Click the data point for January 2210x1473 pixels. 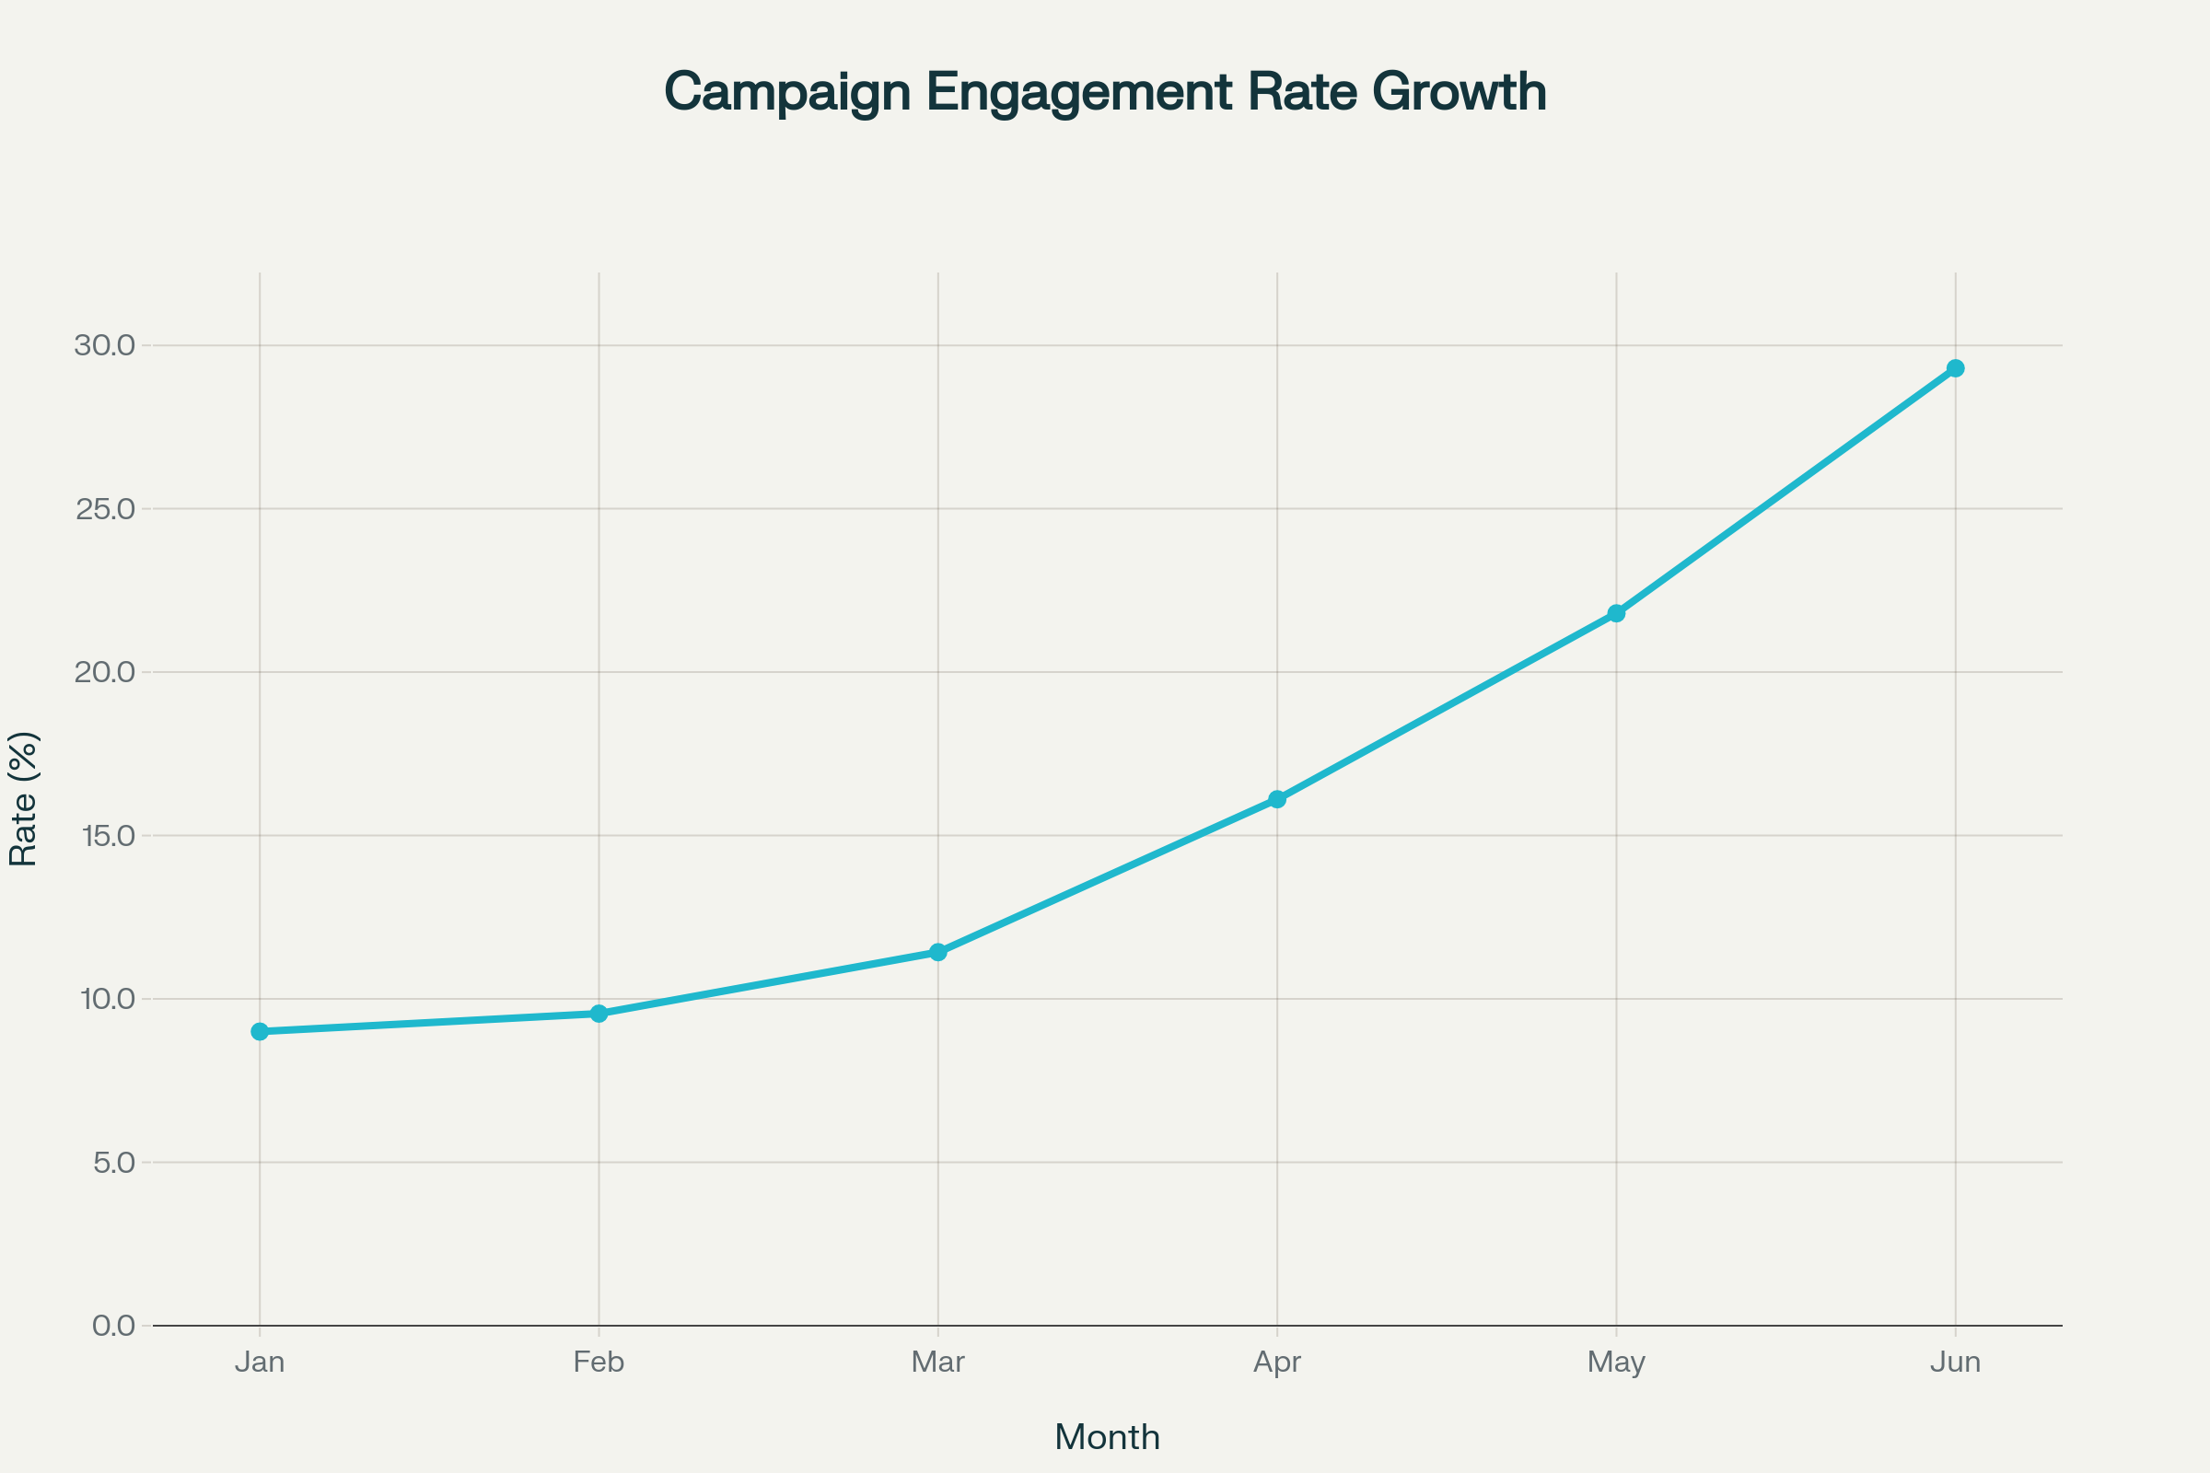click(261, 1031)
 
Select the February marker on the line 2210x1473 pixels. click(599, 1014)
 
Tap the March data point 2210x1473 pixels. click(937, 953)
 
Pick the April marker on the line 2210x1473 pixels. click(1277, 799)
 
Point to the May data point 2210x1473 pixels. click(1616, 613)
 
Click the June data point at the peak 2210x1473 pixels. click(1955, 368)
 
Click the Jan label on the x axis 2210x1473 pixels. click(261, 1363)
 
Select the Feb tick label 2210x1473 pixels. click(599, 1363)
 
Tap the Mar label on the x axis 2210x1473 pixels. click(937, 1363)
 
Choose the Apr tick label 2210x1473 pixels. click(1277, 1363)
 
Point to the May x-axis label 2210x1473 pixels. click(1616, 1363)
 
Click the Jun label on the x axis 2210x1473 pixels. click(1955, 1363)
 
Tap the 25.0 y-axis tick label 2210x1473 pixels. click(105, 508)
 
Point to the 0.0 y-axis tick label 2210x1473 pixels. click(113, 1326)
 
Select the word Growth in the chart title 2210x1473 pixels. click(1460, 92)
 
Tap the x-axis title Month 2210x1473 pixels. click(1107, 1437)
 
